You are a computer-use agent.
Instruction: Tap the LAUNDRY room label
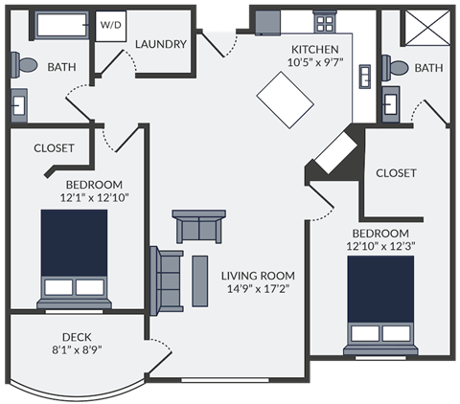point(160,44)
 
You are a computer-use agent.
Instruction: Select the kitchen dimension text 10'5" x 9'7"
point(314,64)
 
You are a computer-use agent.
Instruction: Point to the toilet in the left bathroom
point(25,65)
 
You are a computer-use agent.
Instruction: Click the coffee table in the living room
point(200,280)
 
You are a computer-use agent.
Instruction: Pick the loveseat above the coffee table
point(199,226)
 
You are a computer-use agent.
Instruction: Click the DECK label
point(77,336)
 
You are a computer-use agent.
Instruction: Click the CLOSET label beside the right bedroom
point(396,173)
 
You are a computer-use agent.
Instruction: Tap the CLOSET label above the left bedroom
point(54,148)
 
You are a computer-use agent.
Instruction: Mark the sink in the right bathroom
point(391,103)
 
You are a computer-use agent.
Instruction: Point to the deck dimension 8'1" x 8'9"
point(77,349)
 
